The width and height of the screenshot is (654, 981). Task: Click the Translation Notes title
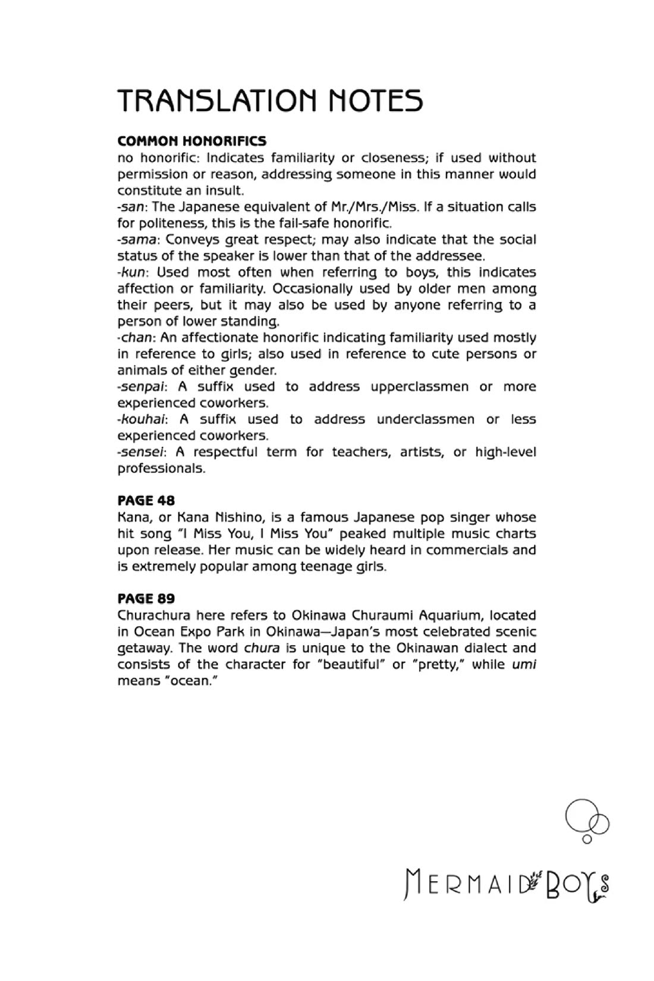coord(270,100)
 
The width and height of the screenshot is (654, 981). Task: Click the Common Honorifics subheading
coord(191,142)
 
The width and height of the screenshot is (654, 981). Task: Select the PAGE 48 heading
coord(146,501)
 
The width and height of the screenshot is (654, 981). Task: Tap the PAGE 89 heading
coord(146,599)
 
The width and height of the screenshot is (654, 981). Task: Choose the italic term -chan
coord(136,338)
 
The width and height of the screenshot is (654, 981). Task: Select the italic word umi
coord(524,665)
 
